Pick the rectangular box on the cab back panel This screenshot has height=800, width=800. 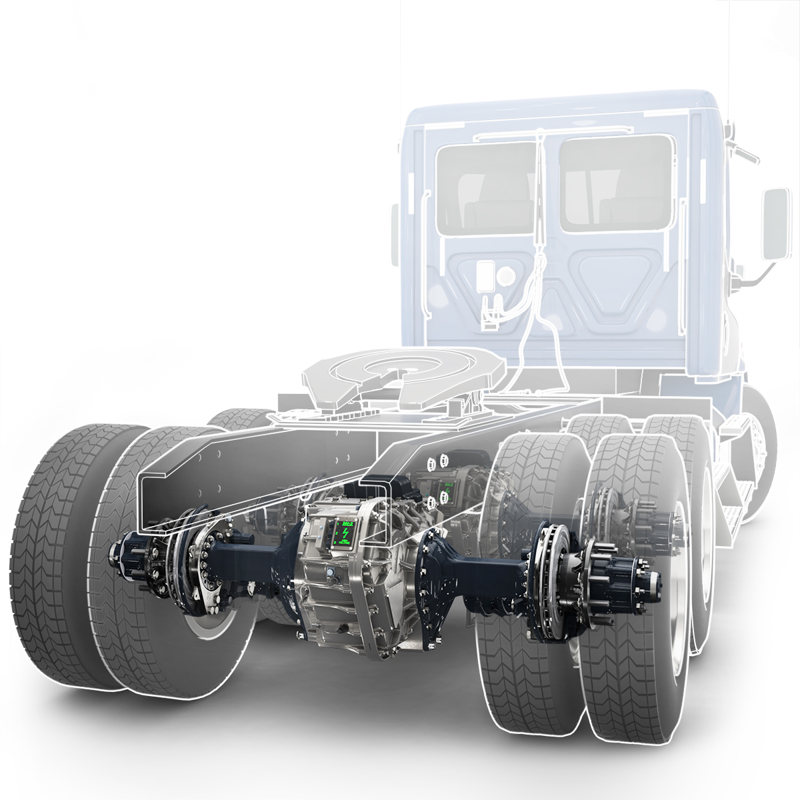pyautogui.click(x=486, y=275)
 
